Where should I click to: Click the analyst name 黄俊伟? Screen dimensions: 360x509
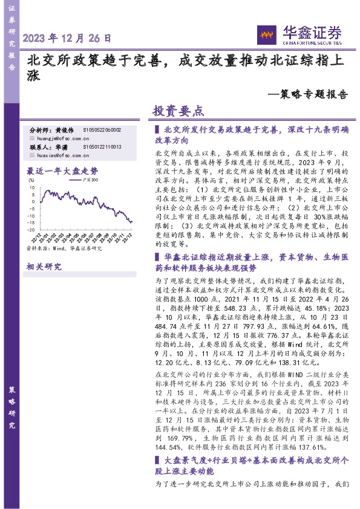(64, 130)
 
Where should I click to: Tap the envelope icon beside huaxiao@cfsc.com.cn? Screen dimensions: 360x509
(32, 155)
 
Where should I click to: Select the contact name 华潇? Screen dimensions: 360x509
(61, 147)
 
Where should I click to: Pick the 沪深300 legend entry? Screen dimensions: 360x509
(91, 180)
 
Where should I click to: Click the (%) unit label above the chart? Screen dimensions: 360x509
(31, 180)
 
